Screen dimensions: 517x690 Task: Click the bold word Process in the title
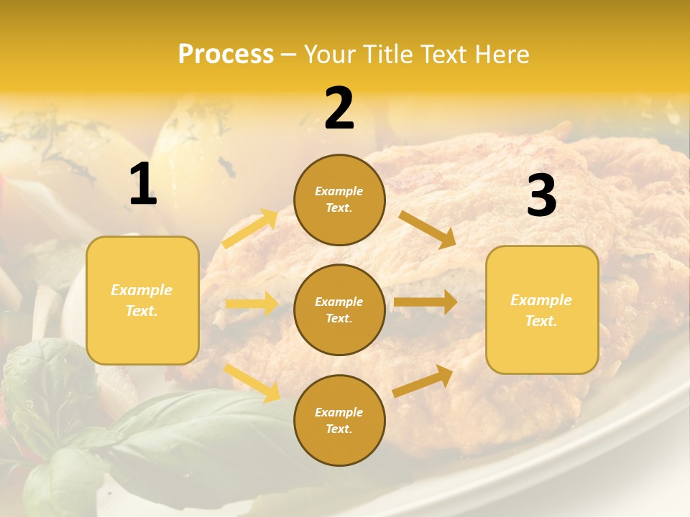226,55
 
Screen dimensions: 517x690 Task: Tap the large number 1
143,185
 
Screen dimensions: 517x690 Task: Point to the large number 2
339,108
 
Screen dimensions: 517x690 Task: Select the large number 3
541,195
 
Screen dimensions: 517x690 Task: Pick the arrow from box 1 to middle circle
252,304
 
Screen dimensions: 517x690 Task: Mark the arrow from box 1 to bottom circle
252,382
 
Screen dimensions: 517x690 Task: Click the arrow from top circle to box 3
427,229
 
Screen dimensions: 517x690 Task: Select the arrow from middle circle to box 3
425,302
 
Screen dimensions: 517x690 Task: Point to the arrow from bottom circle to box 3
423,381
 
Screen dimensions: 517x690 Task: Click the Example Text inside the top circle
339,200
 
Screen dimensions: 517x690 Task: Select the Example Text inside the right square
541,310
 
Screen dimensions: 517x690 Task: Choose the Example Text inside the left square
142,300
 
